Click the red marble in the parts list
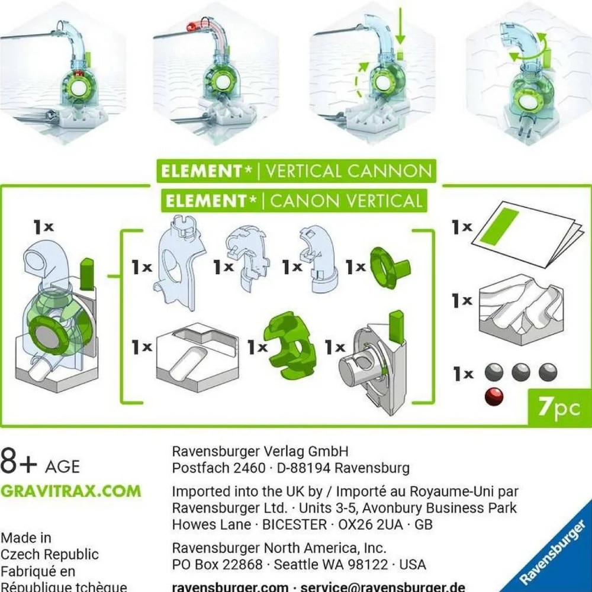[x=494, y=396]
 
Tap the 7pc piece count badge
[x=559, y=408]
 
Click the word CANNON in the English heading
[x=390, y=172]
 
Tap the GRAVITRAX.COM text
[x=71, y=491]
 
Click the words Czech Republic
[x=49, y=555]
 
